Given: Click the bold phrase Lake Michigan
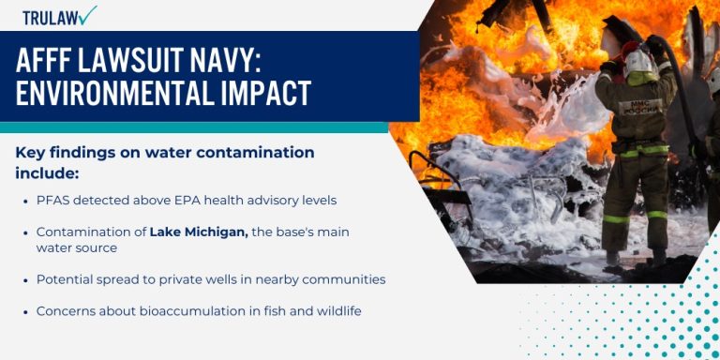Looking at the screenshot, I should [199, 232].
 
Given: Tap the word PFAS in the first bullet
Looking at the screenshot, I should [52, 200].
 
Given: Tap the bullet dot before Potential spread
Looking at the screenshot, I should [24, 279].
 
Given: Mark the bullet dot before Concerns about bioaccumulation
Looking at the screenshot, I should [24, 310].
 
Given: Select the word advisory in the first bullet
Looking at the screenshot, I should [254, 200].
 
